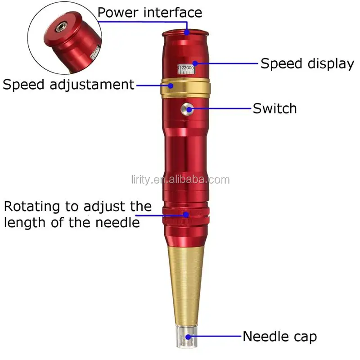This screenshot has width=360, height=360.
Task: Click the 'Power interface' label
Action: pyautogui.click(x=149, y=13)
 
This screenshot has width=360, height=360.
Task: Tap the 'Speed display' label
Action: pyautogui.click(x=307, y=63)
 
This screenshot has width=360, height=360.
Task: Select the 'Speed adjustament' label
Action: pyautogui.click(x=68, y=85)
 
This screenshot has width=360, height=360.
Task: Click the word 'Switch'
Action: pyautogui.click(x=274, y=108)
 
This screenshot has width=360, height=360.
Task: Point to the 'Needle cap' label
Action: pyautogui.click(x=279, y=336)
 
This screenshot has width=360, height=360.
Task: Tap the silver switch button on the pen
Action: pyautogui.click(x=186, y=108)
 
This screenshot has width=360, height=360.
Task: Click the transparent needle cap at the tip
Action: pyautogui.click(x=186, y=337)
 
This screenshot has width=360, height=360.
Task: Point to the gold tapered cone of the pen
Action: pyautogui.click(x=186, y=279)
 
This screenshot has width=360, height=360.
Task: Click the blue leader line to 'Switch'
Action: pyautogui.click(x=220, y=108)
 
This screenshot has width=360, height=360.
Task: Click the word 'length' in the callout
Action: pyautogui.click(x=25, y=222)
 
